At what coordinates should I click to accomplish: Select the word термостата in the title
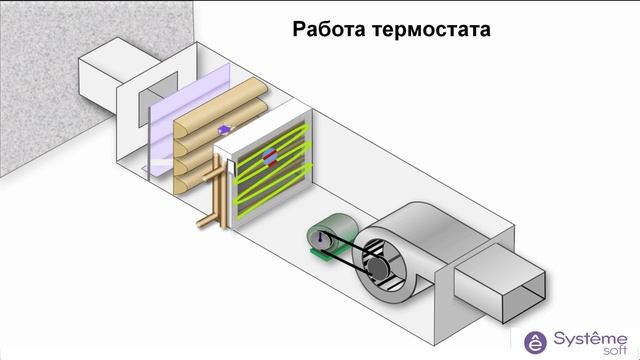pos(430,28)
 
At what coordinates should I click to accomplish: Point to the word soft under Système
pos(609,349)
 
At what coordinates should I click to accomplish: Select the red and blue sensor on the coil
pos(268,156)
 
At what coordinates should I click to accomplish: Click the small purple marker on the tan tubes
pos(224,128)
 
